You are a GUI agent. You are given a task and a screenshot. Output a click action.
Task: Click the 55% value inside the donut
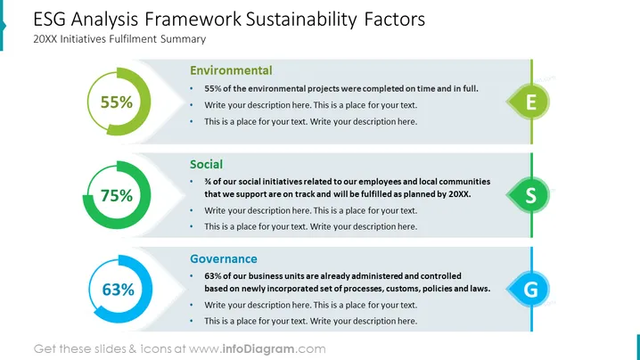[x=117, y=102]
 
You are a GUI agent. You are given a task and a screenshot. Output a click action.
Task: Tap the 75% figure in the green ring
[x=117, y=195]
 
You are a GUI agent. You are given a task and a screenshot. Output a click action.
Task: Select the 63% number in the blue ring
[x=118, y=290]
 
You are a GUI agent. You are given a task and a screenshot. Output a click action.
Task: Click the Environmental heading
[x=231, y=70]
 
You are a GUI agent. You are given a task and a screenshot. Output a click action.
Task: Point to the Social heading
[x=206, y=165]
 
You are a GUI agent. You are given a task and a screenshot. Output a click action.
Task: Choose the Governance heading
[x=224, y=258]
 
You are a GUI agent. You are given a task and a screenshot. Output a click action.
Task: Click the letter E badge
[x=529, y=102]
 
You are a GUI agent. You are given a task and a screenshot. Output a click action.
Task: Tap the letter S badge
[x=529, y=195]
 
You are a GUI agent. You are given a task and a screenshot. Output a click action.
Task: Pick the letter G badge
[x=529, y=289]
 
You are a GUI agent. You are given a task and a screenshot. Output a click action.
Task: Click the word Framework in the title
[x=193, y=20]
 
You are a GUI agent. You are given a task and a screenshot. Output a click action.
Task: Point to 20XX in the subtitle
[x=45, y=39]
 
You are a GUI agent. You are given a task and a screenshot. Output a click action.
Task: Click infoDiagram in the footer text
[x=258, y=349]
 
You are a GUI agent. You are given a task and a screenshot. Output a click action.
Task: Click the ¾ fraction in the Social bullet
[x=208, y=182]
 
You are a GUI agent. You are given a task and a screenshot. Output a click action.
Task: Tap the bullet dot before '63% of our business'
[x=192, y=276]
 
